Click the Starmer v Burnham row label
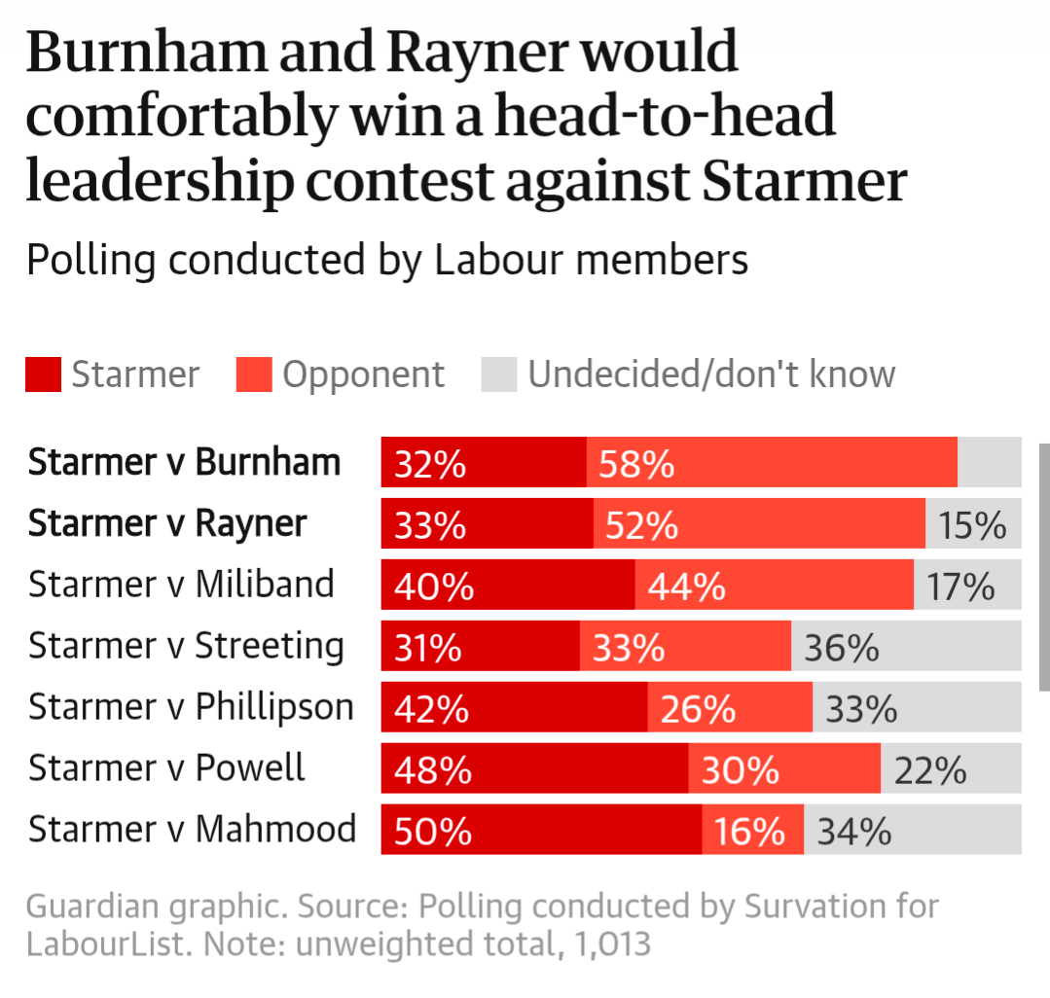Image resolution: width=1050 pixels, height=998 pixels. [x=184, y=462]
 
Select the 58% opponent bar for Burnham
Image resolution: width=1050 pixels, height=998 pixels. [x=772, y=462]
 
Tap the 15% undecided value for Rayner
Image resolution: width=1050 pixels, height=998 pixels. [x=972, y=525]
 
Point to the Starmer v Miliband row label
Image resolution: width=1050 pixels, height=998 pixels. [x=181, y=585]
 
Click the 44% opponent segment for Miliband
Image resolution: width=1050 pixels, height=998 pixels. [x=774, y=586]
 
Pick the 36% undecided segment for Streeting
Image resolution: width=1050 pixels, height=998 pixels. [x=905, y=647]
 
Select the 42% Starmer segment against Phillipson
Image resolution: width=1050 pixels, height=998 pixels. [x=514, y=708]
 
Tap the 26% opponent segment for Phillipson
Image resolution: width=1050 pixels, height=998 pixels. [x=730, y=708]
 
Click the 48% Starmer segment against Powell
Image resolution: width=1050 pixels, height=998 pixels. [x=534, y=769]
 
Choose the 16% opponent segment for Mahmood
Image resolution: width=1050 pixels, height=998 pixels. [x=752, y=831]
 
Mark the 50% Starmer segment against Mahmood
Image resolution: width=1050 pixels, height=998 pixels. [x=541, y=831]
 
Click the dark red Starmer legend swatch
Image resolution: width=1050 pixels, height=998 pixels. [x=43, y=374]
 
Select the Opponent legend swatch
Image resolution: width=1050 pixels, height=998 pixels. [x=253, y=374]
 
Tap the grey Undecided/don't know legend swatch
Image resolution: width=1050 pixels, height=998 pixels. [x=498, y=374]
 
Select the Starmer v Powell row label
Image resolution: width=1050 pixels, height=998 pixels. [x=166, y=768]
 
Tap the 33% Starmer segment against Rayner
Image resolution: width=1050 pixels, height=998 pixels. [x=487, y=525]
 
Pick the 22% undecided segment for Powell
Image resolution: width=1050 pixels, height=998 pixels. [x=951, y=769]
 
